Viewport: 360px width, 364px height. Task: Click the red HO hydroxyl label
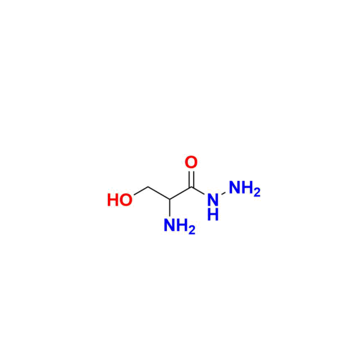click(x=120, y=200)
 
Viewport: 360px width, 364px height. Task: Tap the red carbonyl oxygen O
click(x=191, y=162)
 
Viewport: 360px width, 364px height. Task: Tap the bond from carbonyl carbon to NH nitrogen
click(x=199, y=192)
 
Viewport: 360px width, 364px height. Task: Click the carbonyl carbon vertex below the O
click(x=191, y=187)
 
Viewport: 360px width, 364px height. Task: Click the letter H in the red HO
click(x=113, y=200)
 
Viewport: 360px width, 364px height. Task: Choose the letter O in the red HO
click(x=126, y=200)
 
